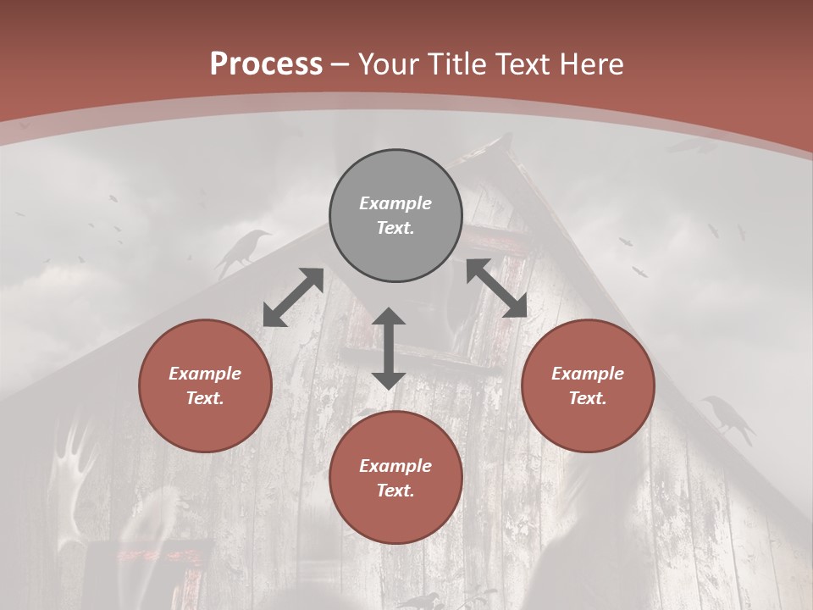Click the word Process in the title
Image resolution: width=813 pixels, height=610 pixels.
[x=266, y=64]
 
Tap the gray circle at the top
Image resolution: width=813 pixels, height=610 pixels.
[x=395, y=215]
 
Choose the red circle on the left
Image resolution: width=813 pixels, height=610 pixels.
[x=205, y=385]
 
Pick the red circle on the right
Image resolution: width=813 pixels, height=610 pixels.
[x=588, y=385]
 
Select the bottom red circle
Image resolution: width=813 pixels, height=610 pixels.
[x=395, y=478]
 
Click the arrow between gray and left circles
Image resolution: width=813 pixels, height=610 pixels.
[x=293, y=297]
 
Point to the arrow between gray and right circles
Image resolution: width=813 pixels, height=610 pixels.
[x=497, y=289]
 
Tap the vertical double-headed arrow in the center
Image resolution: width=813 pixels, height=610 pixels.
[x=389, y=348]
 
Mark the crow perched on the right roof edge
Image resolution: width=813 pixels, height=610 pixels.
[x=728, y=417]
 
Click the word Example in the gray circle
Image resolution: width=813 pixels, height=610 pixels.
[x=395, y=203]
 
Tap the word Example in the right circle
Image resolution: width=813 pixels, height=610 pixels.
[x=588, y=374]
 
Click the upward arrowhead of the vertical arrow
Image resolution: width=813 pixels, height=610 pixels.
[x=389, y=317]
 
